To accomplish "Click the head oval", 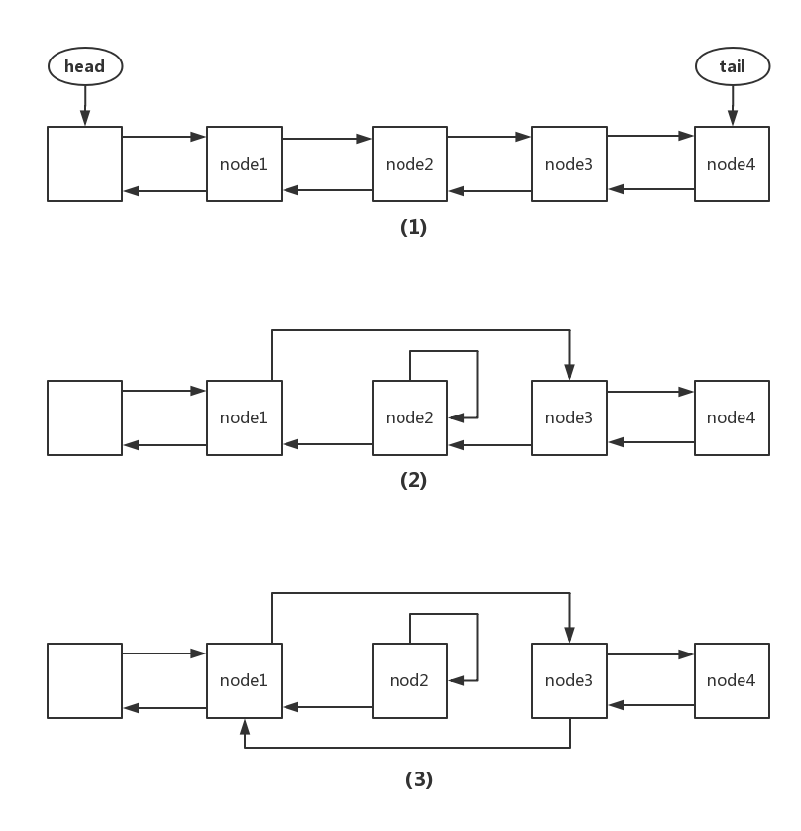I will point(85,66).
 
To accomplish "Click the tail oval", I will point(733,66).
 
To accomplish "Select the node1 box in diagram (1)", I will point(244,164).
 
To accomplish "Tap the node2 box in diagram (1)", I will point(409,164).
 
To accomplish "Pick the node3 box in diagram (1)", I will point(569,164).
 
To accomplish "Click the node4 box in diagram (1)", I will point(732,164).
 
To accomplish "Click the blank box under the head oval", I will point(85,164).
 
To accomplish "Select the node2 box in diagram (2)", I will point(409,417).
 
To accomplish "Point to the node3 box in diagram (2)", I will point(569,417).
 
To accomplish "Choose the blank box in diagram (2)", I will point(85,417).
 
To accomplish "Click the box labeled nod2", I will point(409,680).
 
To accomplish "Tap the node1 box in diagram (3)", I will point(244,680).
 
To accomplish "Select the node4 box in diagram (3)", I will point(732,680).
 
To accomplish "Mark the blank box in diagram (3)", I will point(85,680).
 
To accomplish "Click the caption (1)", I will point(413,227).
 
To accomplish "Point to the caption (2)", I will point(413,480).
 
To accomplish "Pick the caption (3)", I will point(419,779).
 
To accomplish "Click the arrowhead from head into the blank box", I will point(85,119).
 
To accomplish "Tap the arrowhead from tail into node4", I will point(733,119).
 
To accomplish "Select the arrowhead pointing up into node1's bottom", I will point(245,726).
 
